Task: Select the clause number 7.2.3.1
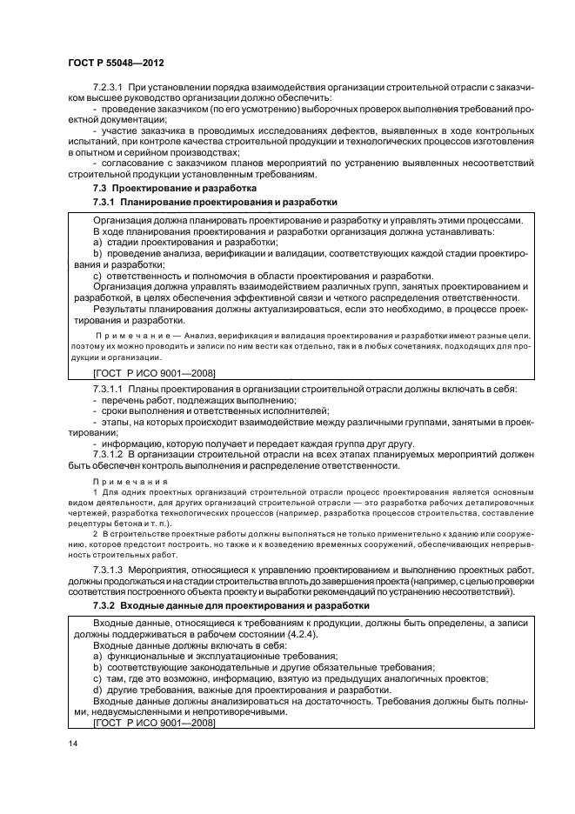[110, 90]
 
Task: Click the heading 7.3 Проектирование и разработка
[174, 187]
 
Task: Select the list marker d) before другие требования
[98, 689]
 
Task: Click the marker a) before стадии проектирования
[98, 243]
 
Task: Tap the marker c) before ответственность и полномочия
[98, 276]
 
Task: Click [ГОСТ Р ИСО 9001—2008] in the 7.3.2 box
[153, 722]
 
